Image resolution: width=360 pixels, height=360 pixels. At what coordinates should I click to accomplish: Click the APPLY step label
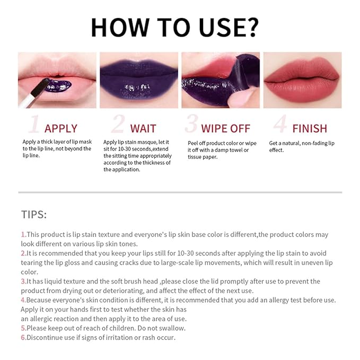60,128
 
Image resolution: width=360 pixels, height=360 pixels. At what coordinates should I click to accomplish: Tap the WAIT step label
143,128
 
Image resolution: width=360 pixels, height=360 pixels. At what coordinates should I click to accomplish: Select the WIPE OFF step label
226,128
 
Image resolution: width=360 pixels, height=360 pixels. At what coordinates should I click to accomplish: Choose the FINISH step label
309,128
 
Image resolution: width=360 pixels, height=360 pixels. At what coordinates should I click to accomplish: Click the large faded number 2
118,124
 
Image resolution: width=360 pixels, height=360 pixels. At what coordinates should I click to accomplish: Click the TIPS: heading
34,214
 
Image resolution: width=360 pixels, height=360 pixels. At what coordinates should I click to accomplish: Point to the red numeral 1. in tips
23,234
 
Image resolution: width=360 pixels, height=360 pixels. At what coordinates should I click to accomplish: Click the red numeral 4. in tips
23,300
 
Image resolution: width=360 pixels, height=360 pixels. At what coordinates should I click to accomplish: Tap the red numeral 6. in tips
23,337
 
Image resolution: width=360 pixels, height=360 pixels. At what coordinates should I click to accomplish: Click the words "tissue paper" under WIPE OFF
203,157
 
